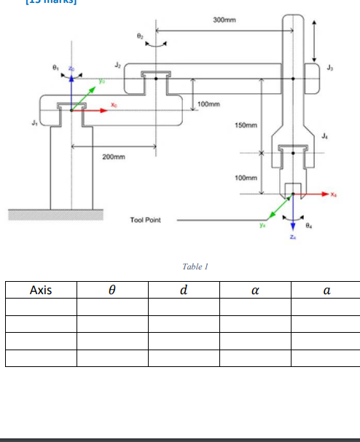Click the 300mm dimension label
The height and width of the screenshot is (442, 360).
tap(223, 19)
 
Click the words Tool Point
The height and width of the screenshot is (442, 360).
tap(145, 218)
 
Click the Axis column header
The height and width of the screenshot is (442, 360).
tap(41, 290)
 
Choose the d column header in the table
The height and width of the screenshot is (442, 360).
tap(184, 290)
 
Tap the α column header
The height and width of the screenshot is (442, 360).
tap(255, 290)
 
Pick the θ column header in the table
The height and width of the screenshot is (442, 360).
tap(113, 290)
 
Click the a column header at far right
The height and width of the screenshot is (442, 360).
tap(326, 290)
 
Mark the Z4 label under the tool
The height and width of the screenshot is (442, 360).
tap(293, 237)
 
